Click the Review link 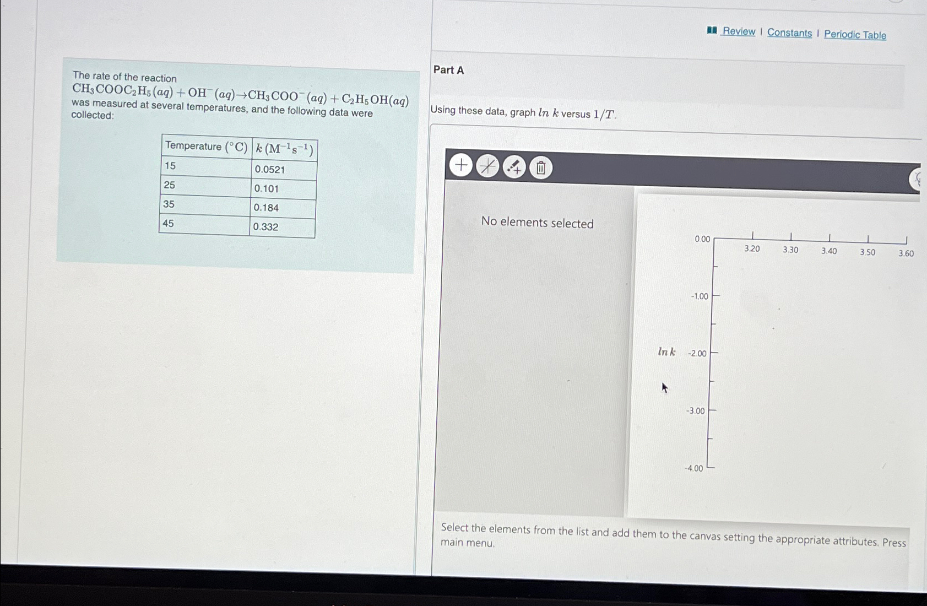738,31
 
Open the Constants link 789,33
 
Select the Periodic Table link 855,35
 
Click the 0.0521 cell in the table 284,170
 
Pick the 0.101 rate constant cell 283,189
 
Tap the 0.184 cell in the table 283,208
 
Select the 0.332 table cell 282,227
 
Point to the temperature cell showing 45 204,224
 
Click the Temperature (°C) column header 207,147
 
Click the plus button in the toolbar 461,165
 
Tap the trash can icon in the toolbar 540,167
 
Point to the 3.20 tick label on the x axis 752,249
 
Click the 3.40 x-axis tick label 829,251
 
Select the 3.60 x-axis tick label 906,253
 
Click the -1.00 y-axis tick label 700,296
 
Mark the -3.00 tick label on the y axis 695,411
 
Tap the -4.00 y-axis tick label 693,468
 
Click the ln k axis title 666,352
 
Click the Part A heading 448,70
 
